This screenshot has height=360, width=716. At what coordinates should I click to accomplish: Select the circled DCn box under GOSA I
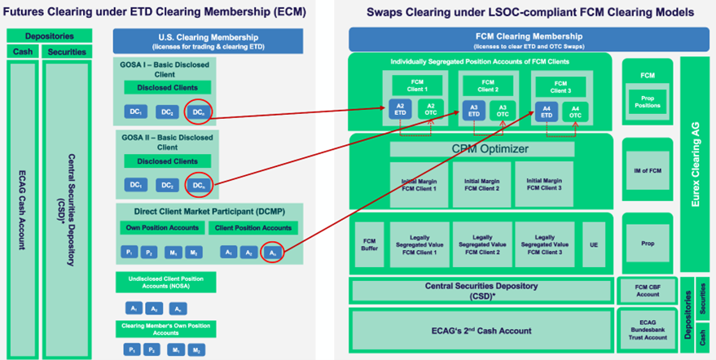[x=198, y=112]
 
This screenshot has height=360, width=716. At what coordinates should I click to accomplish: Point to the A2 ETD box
[x=399, y=111]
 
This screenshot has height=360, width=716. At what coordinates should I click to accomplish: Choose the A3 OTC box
[x=502, y=111]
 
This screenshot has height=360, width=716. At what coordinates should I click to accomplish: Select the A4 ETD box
[x=547, y=111]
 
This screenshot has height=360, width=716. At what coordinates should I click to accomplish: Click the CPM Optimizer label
[x=481, y=149]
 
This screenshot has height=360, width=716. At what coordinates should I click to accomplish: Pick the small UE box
[x=594, y=245]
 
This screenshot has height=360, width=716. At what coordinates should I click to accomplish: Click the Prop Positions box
[x=648, y=101]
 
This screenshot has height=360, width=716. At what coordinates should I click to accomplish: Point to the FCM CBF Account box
[x=648, y=289]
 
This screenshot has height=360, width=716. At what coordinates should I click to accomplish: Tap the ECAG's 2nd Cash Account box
[x=481, y=330]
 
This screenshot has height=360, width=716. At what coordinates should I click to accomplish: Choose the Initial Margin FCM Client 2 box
[x=481, y=183]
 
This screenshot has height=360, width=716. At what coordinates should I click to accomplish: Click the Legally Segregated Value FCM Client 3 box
[x=543, y=245]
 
